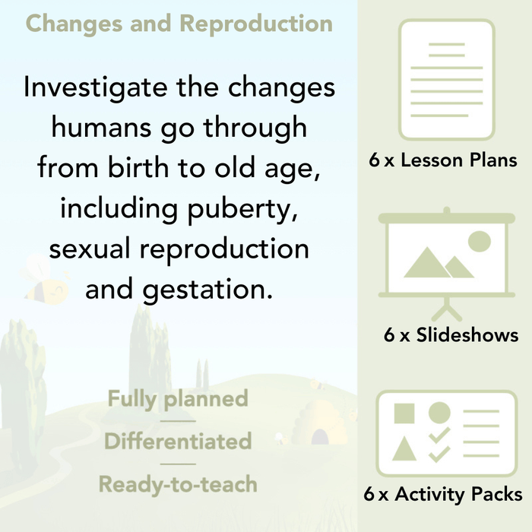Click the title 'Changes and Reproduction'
click(x=179, y=23)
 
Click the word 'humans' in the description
click(x=100, y=128)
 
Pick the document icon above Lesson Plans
click(x=446, y=79)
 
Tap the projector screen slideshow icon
click(x=446, y=258)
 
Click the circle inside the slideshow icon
click(x=479, y=242)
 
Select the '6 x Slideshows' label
click(x=451, y=334)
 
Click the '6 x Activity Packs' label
click(x=443, y=495)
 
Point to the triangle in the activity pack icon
click(x=404, y=448)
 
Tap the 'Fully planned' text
click(x=178, y=399)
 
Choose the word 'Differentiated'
click(x=178, y=442)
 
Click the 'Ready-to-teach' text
click(x=178, y=484)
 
